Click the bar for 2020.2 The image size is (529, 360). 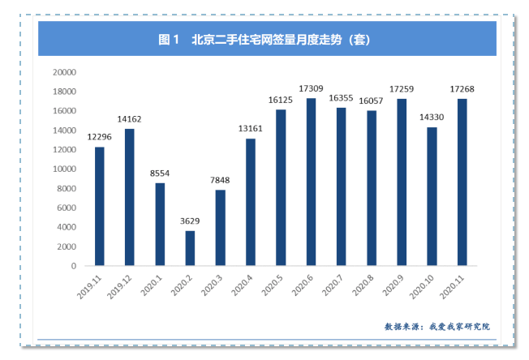pos(190,248)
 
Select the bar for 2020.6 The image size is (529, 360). pos(311,182)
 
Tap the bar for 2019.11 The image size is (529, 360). pos(99,206)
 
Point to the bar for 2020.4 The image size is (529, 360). pos(251,202)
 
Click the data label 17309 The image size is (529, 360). pos(311,88)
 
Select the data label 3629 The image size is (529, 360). pos(190,221)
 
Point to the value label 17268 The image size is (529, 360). pos(462,88)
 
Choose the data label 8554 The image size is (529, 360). pos(160,173)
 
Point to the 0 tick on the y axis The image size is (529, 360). pos(73,266)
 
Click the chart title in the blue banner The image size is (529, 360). pos(267,38)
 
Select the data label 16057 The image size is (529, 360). pos(372,100)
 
